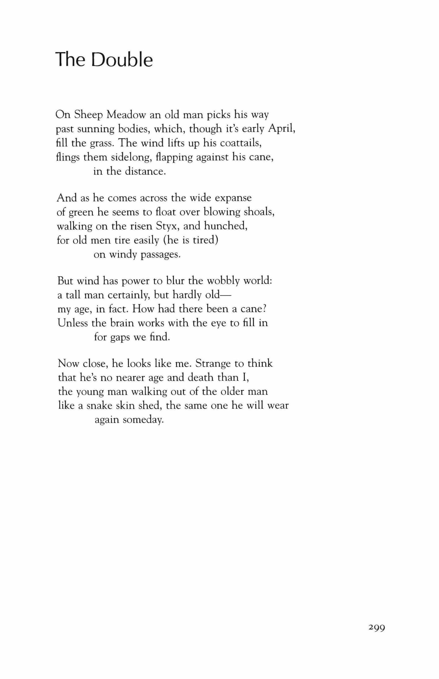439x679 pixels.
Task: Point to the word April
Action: click(281, 129)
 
